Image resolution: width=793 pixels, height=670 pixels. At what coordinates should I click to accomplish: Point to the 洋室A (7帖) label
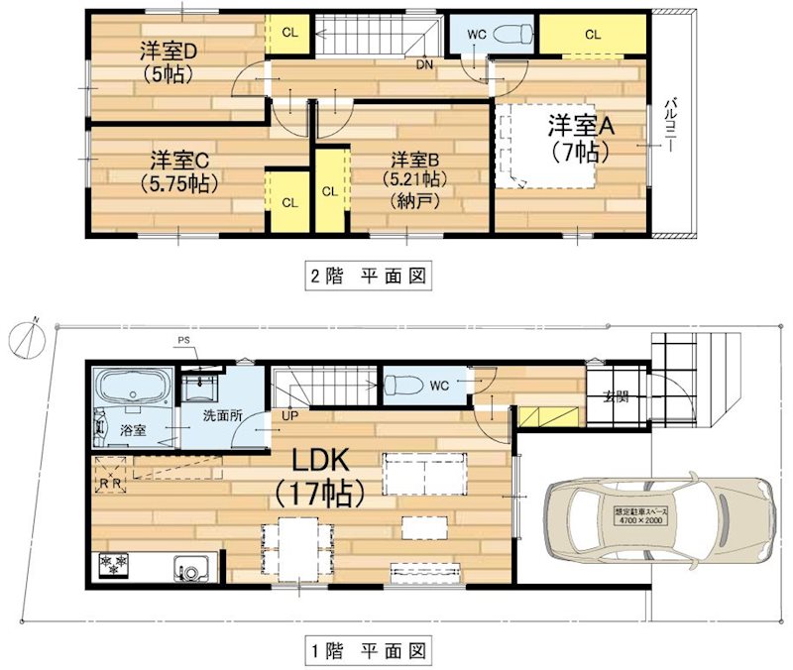[577, 139]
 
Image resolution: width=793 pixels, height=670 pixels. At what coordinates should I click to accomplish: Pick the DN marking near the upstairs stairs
[425, 65]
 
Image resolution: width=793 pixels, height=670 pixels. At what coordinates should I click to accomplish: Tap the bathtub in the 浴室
[132, 387]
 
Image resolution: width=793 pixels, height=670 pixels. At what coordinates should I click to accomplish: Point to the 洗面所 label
[223, 417]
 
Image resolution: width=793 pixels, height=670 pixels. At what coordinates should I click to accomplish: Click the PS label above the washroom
[182, 342]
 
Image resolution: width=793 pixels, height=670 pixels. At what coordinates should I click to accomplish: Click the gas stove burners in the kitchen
[113, 566]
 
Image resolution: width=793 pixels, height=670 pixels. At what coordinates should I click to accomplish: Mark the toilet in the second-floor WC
[509, 33]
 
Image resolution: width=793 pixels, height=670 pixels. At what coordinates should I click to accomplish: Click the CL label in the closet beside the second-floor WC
[593, 35]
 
